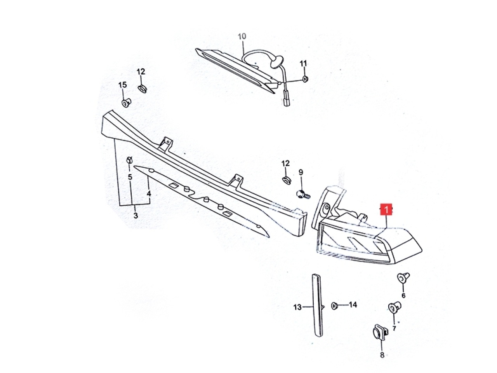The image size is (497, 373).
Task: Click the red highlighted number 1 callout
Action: click(386, 209)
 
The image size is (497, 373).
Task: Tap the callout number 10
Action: click(242, 36)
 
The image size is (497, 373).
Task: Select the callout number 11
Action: click(303, 64)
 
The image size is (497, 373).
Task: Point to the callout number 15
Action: click(123, 85)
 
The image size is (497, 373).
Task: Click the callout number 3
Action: click(136, 215)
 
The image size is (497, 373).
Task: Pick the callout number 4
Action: click(149, 194)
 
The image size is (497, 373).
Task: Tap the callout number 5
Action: click(130, 177)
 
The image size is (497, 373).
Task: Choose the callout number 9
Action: click(301, 173)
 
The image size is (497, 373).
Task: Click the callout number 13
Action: click(297, 307)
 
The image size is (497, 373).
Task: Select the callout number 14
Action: click(353, 305)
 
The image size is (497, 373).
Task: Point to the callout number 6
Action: click(403, 295)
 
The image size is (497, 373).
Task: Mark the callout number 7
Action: click(394, 328)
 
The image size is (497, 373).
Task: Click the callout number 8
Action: click(382, 355)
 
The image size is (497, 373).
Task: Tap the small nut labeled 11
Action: click(305, 79)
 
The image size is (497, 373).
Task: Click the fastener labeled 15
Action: click(126, 102)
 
